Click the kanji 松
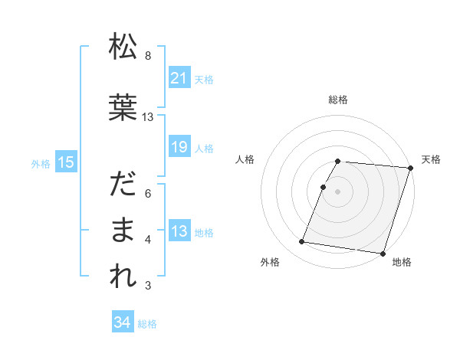click(123, 47)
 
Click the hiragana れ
click(123, 277)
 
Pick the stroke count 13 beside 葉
click(148, 117)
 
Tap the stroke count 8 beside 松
click(148, 56)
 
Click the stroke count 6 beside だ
click(148, 194)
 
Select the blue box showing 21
click(179, 78)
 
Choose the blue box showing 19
click(179, 147)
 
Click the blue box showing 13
click(179, 231)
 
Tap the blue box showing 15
click(65, 162)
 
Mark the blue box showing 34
click(122, 323)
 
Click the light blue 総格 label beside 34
click(147, 324)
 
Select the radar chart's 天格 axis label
click(432, 159)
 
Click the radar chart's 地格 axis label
click(402, 262)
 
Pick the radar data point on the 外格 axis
click(302, 242)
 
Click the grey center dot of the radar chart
click(337, 191)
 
